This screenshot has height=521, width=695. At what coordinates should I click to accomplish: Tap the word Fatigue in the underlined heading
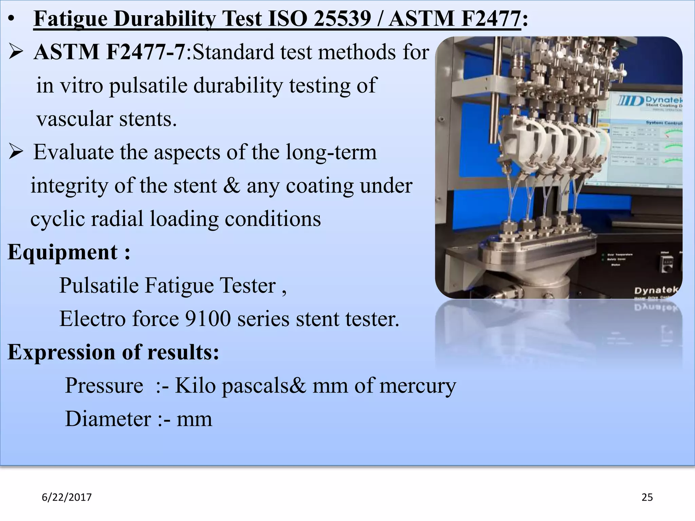[71, 19]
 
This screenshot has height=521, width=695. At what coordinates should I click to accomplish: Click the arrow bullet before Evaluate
[16, 152]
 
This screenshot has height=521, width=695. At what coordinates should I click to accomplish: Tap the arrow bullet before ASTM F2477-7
[16, 52]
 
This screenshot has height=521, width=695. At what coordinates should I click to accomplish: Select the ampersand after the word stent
[231, 186]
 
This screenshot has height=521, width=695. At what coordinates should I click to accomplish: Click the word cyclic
[57, 219]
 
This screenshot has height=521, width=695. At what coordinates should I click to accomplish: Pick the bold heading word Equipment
[63, 252]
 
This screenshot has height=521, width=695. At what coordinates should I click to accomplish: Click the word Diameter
[108, 419]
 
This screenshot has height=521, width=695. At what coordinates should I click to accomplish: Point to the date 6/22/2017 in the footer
[67, 497]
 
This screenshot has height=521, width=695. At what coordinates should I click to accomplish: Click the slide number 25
[647, 497]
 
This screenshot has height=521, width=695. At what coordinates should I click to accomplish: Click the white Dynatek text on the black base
[655, 290]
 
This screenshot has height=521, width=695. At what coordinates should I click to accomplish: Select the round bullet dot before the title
[12, 20]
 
